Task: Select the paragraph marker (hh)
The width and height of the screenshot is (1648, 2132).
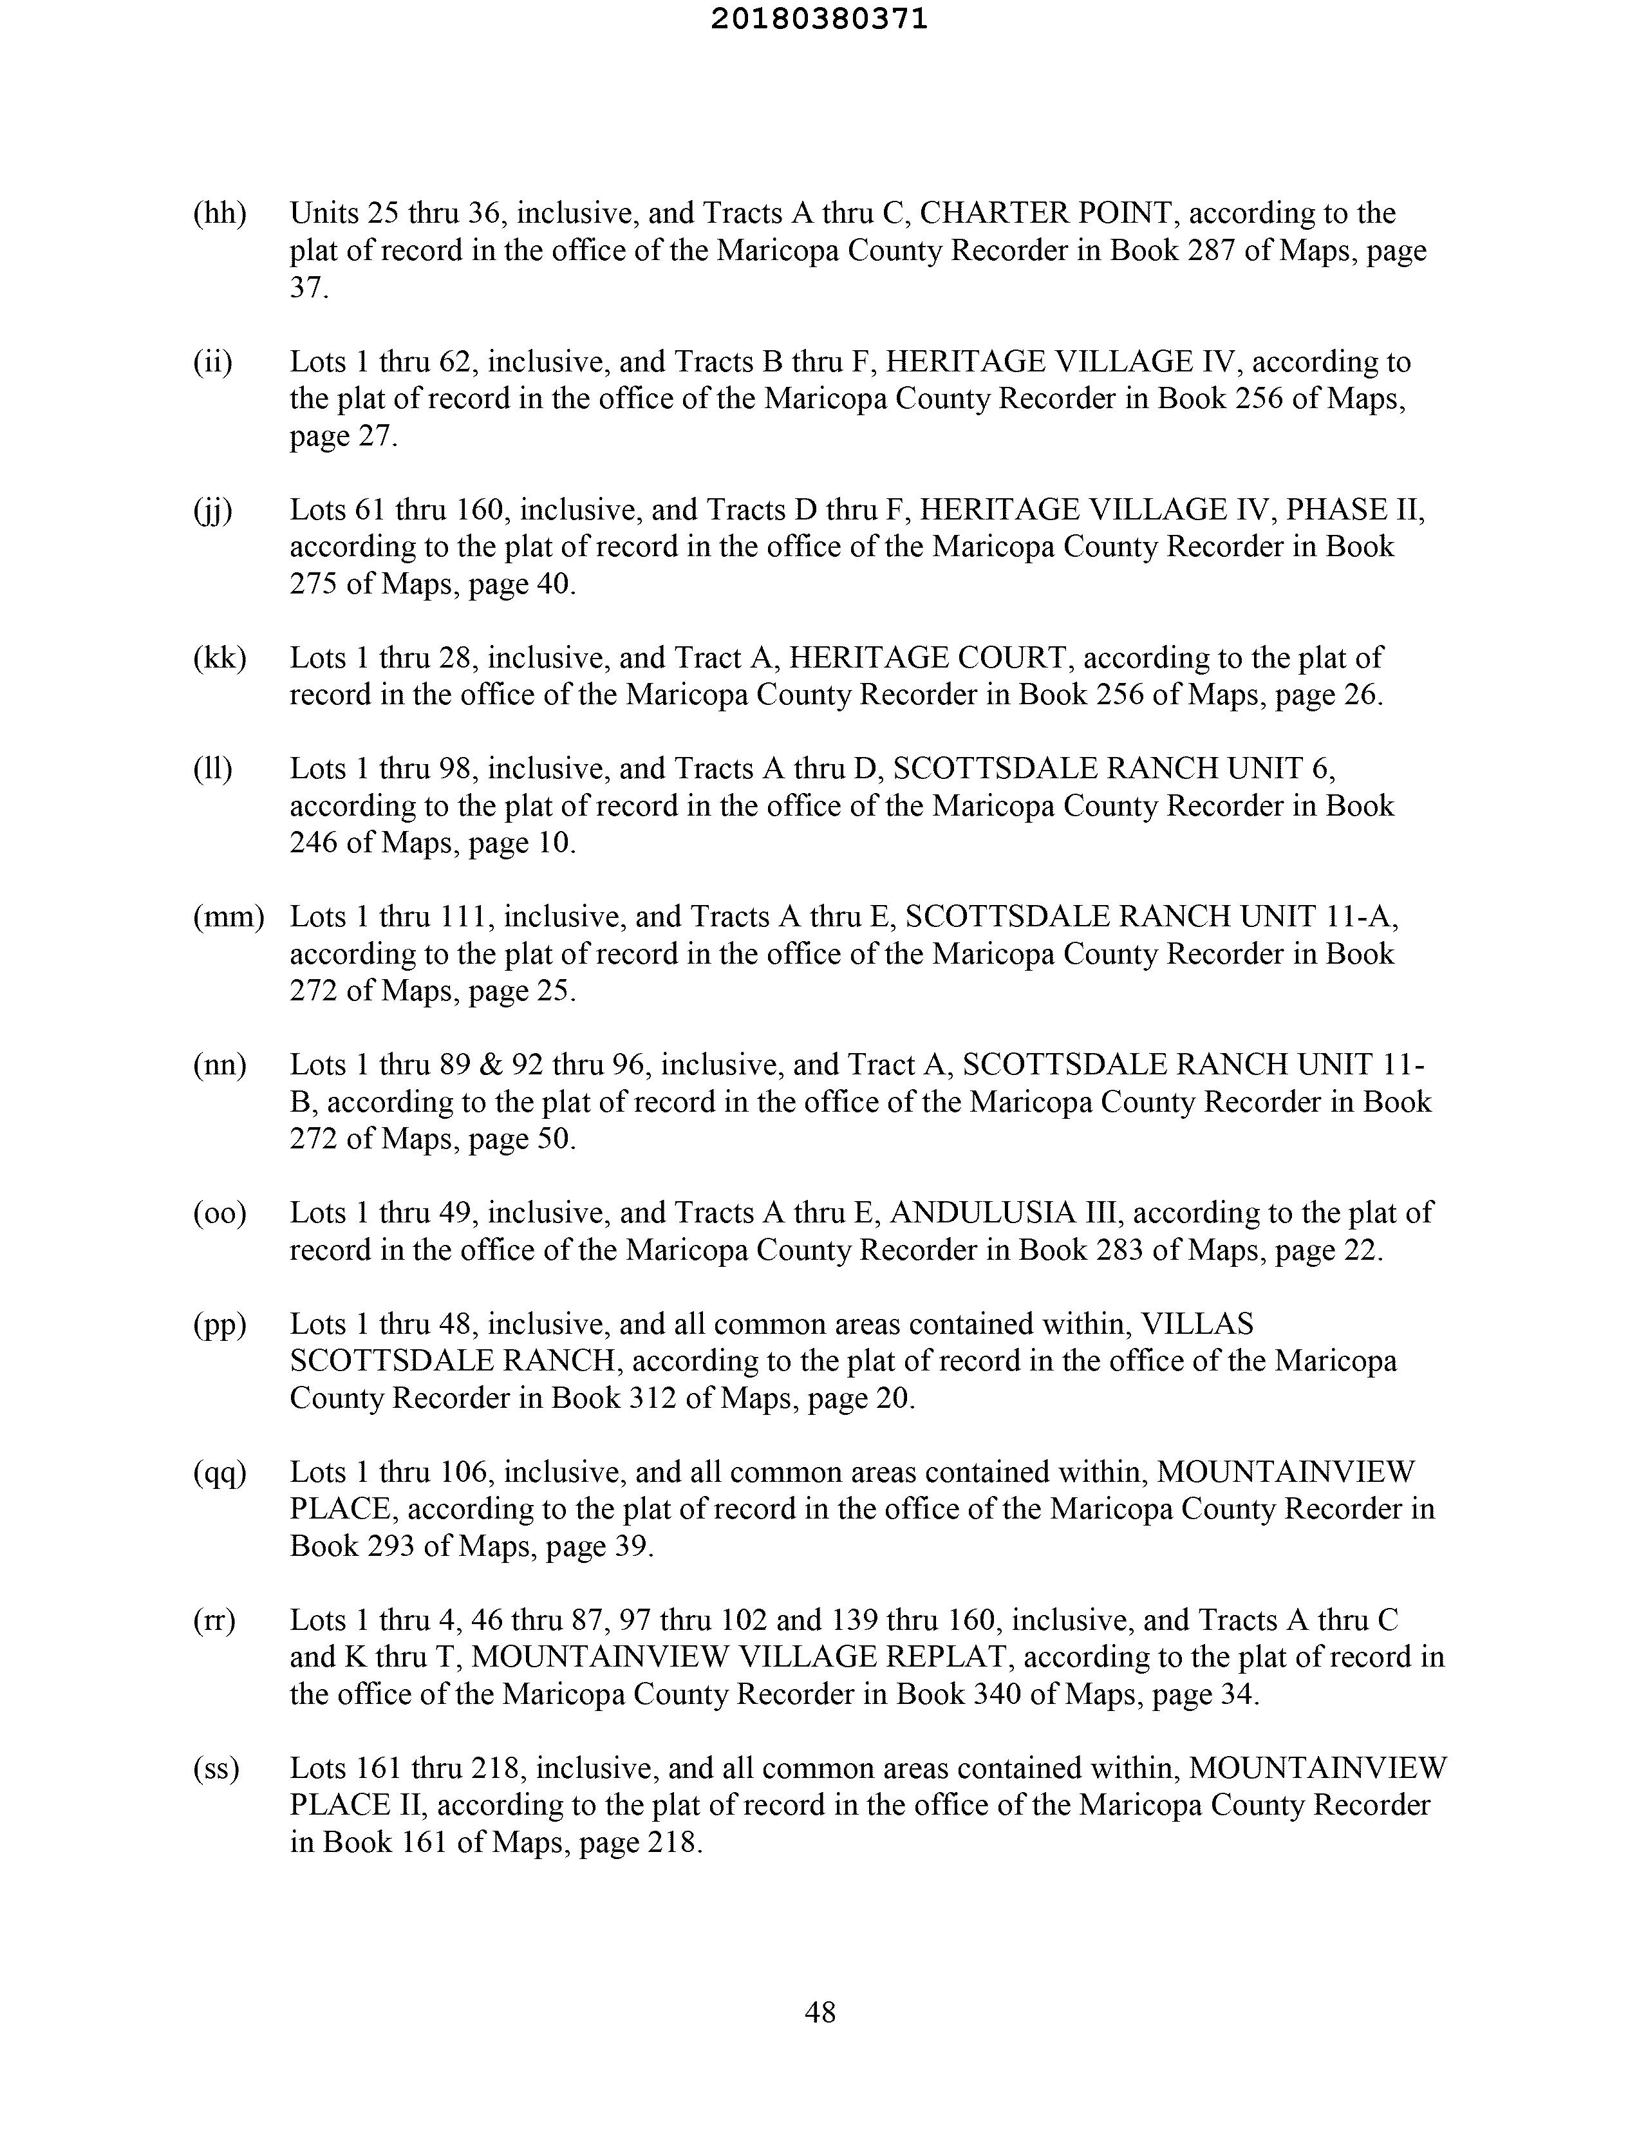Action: tap(220, 213)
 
